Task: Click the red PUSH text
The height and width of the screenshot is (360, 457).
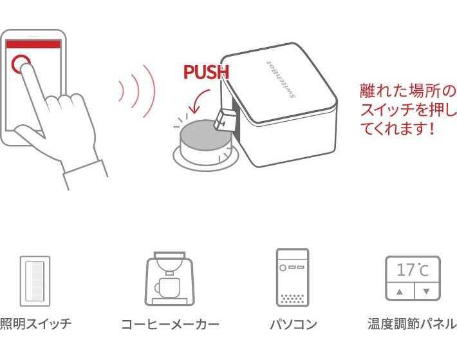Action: click(x=206, y=71)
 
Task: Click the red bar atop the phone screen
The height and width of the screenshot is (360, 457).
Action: click(x=33, y=44)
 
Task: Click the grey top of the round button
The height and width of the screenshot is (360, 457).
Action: click(x=201, y=131)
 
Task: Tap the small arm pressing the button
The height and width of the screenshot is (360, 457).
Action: click(x=225, y=119)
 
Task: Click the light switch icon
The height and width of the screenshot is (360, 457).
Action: click(x=35, y=281)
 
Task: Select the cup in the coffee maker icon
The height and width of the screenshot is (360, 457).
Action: click(x=167, y=287)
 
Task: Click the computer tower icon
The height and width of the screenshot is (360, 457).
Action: click(x=292, y=277)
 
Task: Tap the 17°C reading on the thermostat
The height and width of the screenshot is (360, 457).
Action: click(x=413, y=270)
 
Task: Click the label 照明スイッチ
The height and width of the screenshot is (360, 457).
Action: click(x=35, y=323)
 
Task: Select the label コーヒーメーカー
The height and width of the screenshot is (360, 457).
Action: click(x=170, y=324)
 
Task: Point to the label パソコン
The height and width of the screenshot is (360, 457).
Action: click(x=294, y=324)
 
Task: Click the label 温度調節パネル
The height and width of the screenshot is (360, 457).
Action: click(x=412, y=323)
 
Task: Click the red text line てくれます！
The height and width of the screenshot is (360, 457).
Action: click(x=398, y=128)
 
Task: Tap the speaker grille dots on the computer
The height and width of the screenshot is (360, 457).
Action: click(x=292, y=298)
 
